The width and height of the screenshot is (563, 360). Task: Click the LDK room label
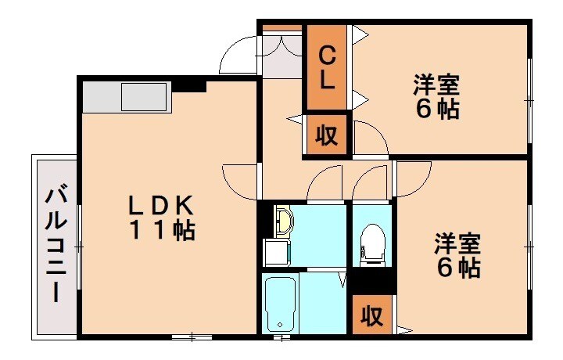161,205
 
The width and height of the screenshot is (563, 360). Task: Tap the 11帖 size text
162,231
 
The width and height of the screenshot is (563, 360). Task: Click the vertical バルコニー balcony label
55,243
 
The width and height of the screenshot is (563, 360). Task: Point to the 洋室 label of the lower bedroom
457,243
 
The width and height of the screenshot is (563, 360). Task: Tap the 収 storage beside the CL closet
327,136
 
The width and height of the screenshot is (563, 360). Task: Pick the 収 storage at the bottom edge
372,315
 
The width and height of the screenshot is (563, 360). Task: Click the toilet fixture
372,241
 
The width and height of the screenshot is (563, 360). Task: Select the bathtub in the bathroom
279,304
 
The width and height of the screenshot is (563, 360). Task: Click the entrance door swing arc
238,53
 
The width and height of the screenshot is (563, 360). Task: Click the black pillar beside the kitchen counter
188,85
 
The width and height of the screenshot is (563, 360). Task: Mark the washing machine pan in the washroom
274,252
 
